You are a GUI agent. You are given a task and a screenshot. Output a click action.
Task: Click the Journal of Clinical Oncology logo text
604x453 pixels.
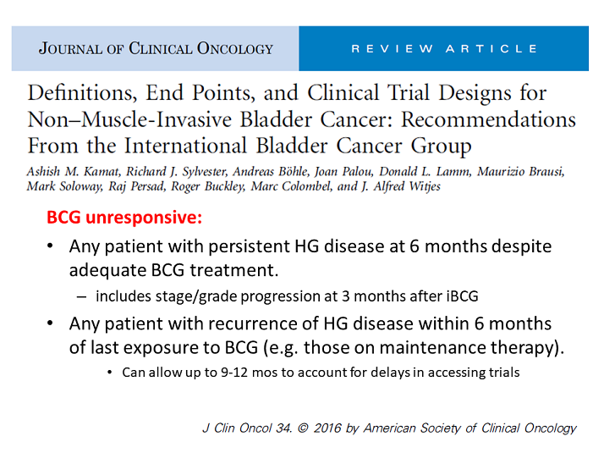(x=156, y=49)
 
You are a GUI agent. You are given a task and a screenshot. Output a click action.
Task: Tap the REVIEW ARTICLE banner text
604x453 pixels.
(x=444, y=49)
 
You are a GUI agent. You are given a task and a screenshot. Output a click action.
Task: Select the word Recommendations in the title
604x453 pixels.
(x=488, y=119)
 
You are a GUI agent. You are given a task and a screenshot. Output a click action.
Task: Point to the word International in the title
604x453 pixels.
(x=185, y=146)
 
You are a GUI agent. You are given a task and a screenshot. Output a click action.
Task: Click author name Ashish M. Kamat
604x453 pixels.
(x=74, y=171)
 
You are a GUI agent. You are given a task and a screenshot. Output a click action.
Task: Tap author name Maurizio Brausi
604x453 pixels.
(x=521, y=171)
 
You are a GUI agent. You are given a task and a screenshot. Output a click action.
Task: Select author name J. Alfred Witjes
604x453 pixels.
(x=401, y=186)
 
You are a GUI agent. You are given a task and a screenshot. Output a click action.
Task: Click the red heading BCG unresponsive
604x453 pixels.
(x=124, y=218)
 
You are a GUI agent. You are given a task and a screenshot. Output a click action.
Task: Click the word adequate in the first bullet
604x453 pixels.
(x=108, y=270)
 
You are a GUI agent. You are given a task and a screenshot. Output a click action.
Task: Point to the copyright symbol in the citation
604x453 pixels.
(x=303, y=428)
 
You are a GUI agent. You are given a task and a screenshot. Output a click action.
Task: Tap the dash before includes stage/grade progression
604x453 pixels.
(x=81, y=297)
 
